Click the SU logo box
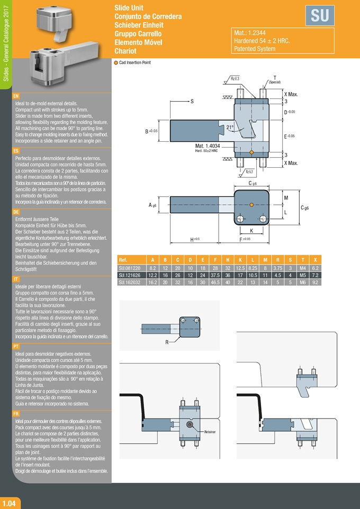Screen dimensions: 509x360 click(320, 16)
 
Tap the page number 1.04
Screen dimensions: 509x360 click(11, 503)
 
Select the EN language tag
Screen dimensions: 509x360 click(16, 96)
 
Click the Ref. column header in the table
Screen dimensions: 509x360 click(123, 260)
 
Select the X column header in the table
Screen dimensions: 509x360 click(316, 260)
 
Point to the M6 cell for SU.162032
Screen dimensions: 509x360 click(303, 283)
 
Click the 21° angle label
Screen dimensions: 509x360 click(229, 128)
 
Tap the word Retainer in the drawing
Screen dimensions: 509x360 click(210, 432)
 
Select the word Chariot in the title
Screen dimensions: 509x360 click(126, 51)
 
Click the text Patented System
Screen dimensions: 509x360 click(255, 49)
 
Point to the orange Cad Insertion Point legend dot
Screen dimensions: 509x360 click(116, 62)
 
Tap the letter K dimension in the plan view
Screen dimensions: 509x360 click(251, 231)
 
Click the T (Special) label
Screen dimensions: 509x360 click(274, 79)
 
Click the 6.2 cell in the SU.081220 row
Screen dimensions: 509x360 click(316, 268)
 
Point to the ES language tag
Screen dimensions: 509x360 click(16, 151)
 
